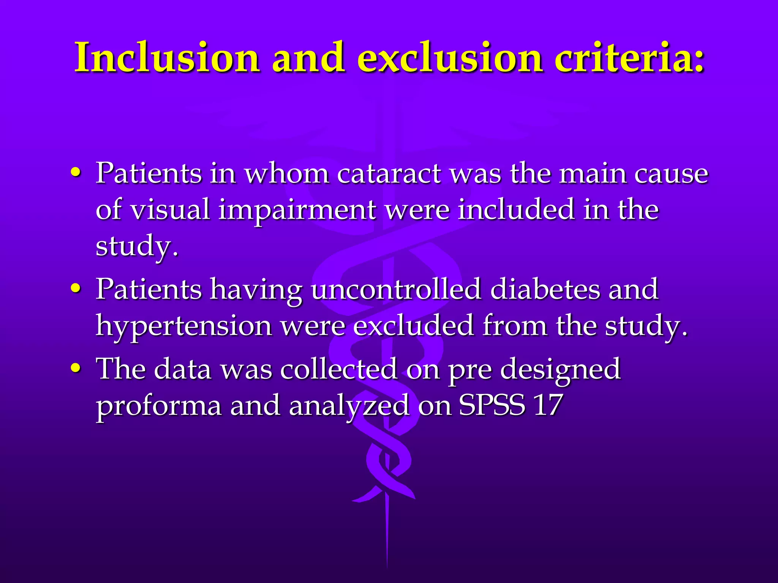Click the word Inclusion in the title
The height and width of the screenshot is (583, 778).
pyautogui.click(x=167, y=58)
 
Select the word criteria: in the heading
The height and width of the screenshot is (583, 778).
pyautogui.click(x=629, y=58)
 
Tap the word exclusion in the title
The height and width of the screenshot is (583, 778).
pyautogui.click(x=450, y=58)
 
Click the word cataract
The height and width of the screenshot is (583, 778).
pyautogui.click(x=389, y=173)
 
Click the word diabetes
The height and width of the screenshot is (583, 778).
pyautogui.click(x=545, y=289)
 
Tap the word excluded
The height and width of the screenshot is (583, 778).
pyautogui.click(x=413, y=326)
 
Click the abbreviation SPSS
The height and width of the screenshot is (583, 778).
pyautogui.click(x=492, y=405)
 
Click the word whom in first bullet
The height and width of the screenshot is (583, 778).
pyautogui.click(x=286, y=173)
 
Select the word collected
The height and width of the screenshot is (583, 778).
pyautogui.click(x=338, y=369)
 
